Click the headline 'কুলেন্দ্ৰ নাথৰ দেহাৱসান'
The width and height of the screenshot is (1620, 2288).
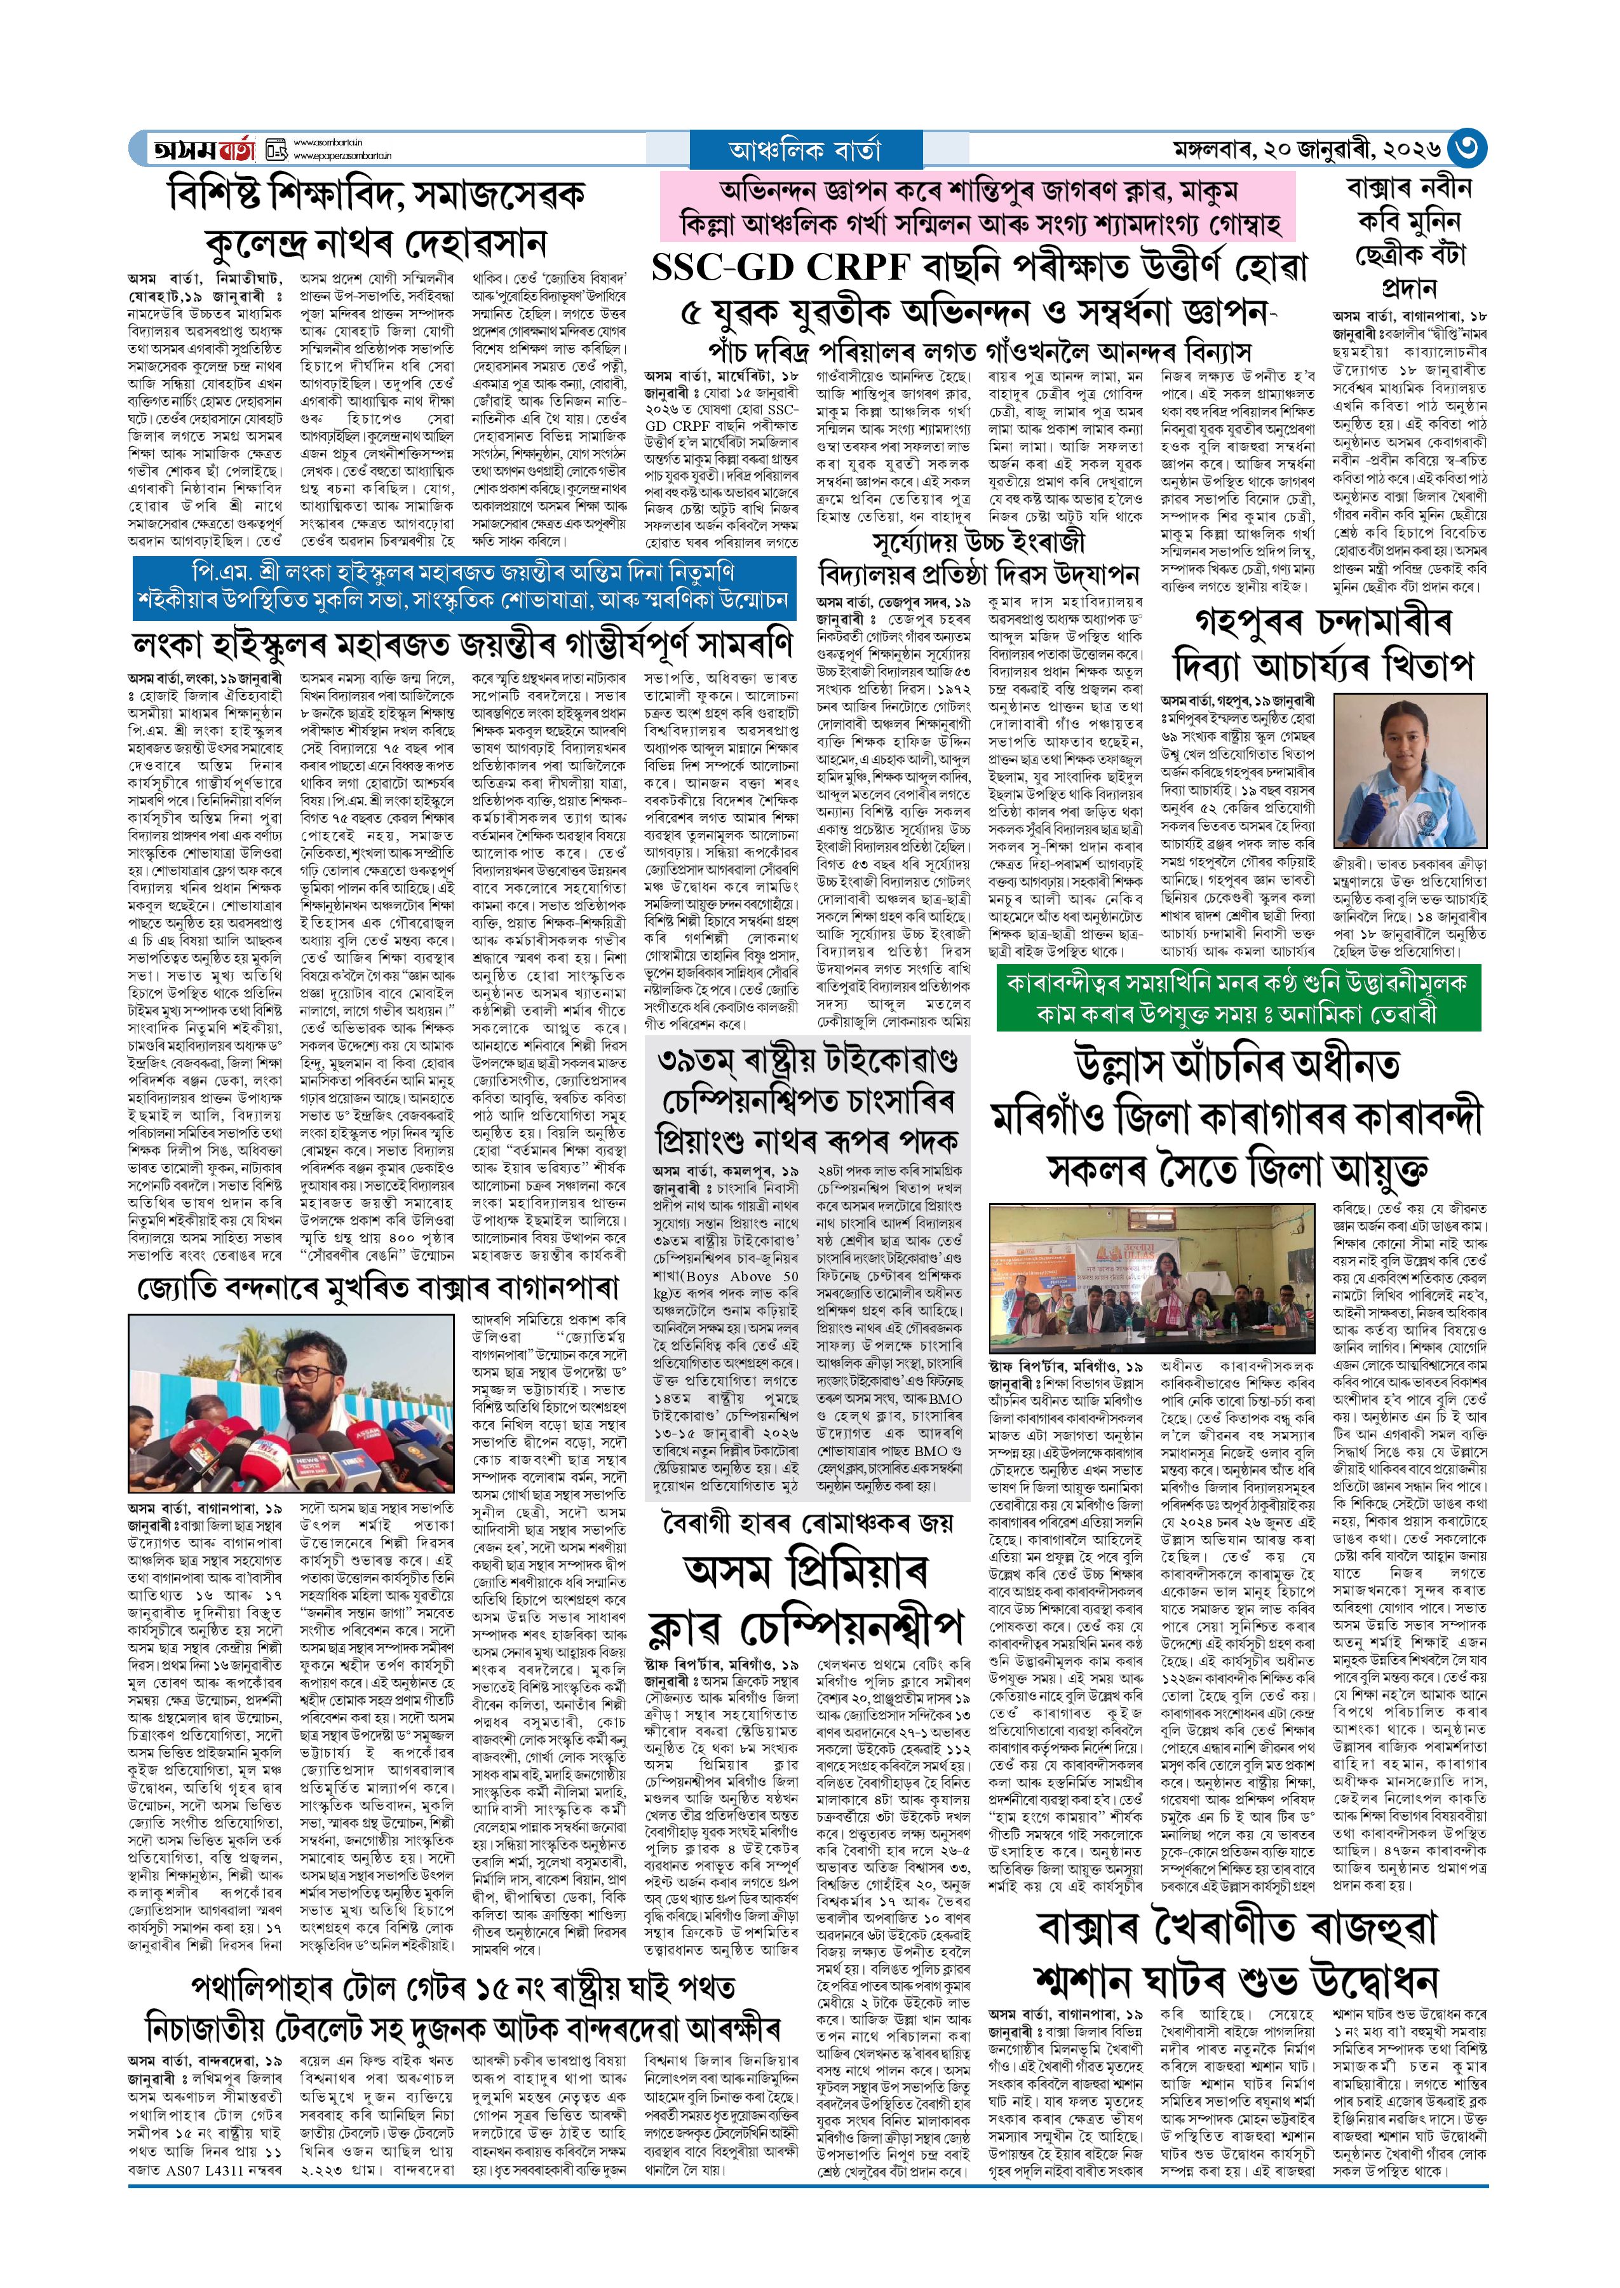(376, 243)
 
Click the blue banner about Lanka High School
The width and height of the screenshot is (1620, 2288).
(464, 587)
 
